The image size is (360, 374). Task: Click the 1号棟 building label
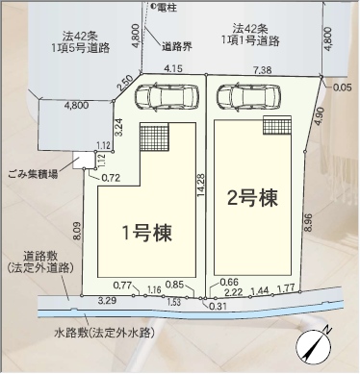click(147, 233)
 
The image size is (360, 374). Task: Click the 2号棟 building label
click(252, 198)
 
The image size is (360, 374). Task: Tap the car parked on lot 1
click(167, 97)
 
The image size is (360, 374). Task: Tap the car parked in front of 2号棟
click(248, 97)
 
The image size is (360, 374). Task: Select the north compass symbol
click(314, 346)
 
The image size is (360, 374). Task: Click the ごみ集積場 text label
click(34, 174)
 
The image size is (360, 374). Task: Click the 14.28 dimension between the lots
click(200, 185)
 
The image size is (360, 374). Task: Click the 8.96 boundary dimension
click(308, 222)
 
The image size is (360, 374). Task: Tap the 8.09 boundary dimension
click(77, 231)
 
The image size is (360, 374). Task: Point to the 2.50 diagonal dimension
click(125, 84)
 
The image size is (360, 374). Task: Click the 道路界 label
click(176, 47)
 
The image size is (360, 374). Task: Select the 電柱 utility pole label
click(165, 9)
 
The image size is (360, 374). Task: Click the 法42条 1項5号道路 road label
click(81, 42)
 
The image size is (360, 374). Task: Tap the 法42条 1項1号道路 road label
click(250, 35)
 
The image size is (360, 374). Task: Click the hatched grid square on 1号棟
click(154, 137)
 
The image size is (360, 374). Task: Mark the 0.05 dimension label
click(342, 87)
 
